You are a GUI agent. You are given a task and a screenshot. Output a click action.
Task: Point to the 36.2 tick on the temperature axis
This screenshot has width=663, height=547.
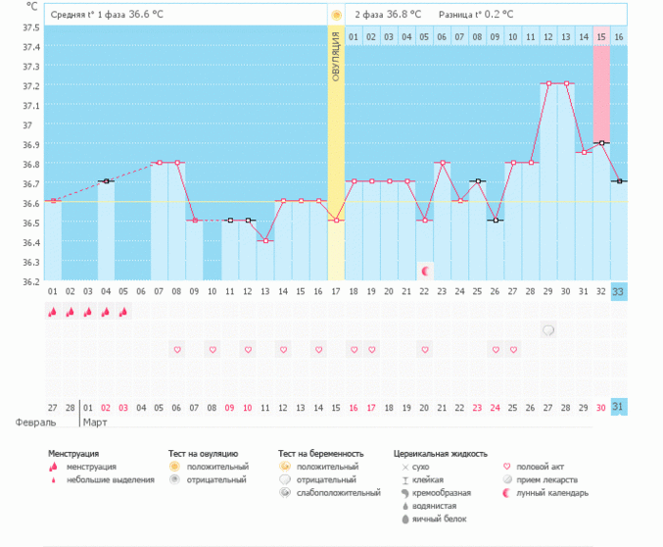(x=31, y=281)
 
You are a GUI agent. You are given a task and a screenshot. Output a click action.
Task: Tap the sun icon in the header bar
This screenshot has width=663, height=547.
(x=336, y=15)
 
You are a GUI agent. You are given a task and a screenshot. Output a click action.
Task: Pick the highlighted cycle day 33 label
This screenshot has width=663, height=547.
(x=618, y=291)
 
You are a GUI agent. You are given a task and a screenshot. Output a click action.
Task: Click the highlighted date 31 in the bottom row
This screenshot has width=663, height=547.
(x=618, y=407)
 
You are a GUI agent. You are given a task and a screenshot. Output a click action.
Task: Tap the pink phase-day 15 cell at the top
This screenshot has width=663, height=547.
(x=600, y=36)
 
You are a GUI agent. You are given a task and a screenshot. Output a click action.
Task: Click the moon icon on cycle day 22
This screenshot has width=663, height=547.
(x=425, y=270)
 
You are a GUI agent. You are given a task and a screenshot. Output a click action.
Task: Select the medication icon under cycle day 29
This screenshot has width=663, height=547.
(x=548, y=330)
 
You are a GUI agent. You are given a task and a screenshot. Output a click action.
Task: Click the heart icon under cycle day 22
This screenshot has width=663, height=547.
(x=425, y=349)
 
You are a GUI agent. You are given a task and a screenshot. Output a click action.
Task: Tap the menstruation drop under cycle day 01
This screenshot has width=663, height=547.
(x=53, y=312)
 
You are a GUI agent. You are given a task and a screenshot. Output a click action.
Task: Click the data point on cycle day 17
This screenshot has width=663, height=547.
(x=336, y=220)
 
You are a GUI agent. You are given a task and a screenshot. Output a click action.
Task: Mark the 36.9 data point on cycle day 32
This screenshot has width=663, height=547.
(x=600, y=143)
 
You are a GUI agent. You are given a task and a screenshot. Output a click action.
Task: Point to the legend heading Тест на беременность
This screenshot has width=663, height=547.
(x=320, y=454)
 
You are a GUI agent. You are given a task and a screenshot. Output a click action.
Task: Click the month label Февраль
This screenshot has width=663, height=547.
(x=34, y=423)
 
